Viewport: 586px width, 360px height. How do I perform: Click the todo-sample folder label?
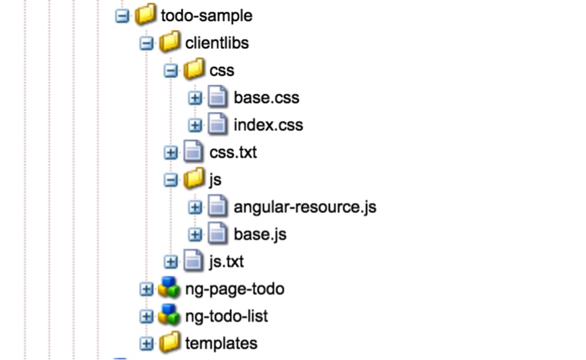click(x=206, y=16)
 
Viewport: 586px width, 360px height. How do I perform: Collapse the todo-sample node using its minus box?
click(x=122, y=16)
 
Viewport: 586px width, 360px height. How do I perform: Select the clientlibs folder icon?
click(x=170, y=43)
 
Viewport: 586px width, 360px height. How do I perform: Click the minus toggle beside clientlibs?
click(x=146, y=44)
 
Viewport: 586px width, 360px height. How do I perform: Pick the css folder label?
click(x=221, y=70)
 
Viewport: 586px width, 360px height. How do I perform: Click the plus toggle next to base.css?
click(x=195, y=98)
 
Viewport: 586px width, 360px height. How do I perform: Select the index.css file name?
click(x=268, y=125)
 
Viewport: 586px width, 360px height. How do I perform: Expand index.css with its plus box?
click(x=195, y=126)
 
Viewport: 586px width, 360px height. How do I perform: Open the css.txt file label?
click(x=233, y=152)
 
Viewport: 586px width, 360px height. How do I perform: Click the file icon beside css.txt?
click(x=193, y=152)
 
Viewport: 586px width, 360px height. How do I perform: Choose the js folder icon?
click(x=194, y=180)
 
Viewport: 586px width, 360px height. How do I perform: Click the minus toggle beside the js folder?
click(x=171, y=180)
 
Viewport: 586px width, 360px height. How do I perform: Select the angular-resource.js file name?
click(x=305, y=207)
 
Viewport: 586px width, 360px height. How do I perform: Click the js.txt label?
click(x=227, y=262)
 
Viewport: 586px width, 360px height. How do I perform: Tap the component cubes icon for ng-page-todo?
click(x=169, y=288)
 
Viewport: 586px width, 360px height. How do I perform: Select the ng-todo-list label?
click(x=227, y=316)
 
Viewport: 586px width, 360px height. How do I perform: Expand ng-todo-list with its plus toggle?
click(x=146, y=317)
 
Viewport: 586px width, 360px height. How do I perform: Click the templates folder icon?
click(x=170, y=343)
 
